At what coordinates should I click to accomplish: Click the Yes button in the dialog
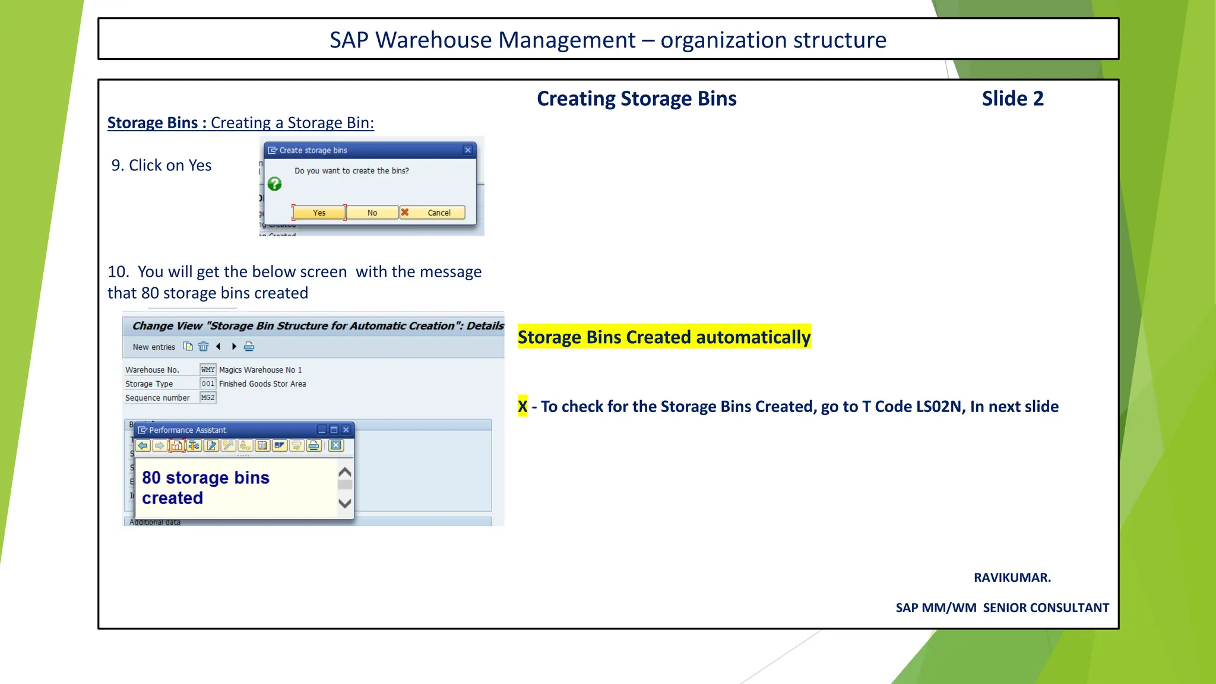(319, 213)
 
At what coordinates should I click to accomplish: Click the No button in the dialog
(372, 213)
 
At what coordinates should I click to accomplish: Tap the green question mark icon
(274, 184)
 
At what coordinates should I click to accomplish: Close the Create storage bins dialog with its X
(468, 150)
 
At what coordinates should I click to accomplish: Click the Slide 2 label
(1012, 99)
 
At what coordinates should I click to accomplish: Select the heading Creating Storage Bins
(636, 99)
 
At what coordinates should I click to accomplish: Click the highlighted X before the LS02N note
(522, 407)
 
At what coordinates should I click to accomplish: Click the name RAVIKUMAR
(1012, 578)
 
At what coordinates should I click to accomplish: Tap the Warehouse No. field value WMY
(208, 369)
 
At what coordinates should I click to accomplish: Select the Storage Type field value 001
(208, 384)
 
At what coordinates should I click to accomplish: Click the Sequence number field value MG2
(208, 398)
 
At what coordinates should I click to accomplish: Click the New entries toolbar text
(154, 347)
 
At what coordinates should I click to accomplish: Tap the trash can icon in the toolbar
(204, 347)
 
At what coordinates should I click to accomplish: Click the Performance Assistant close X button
(346, 430)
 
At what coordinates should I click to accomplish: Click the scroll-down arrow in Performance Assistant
(344, 503)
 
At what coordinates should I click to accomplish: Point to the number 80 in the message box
(151, 478)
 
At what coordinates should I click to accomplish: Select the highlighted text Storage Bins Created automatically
(664, 337)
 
